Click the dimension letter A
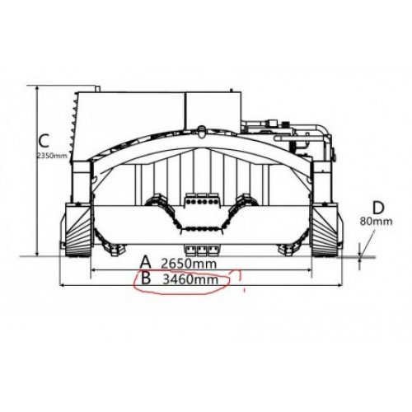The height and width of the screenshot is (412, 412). [x=146, y=262]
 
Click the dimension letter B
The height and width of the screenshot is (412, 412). [x=146, y=278]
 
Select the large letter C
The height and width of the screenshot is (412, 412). [x=44, y=141]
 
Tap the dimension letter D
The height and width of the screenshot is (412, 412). [x=378, y=208]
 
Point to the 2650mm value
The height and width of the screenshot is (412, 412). [x=189, y=264]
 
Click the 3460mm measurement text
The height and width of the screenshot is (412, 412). [x=190, y=279]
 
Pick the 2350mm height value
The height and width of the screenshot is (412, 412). [x=52, y=156]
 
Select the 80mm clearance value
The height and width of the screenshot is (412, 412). [x=376, y=222]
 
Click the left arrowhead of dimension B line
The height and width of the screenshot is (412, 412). [x=62, y=286]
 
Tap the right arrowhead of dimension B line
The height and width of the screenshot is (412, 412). [x=341, y=286]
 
